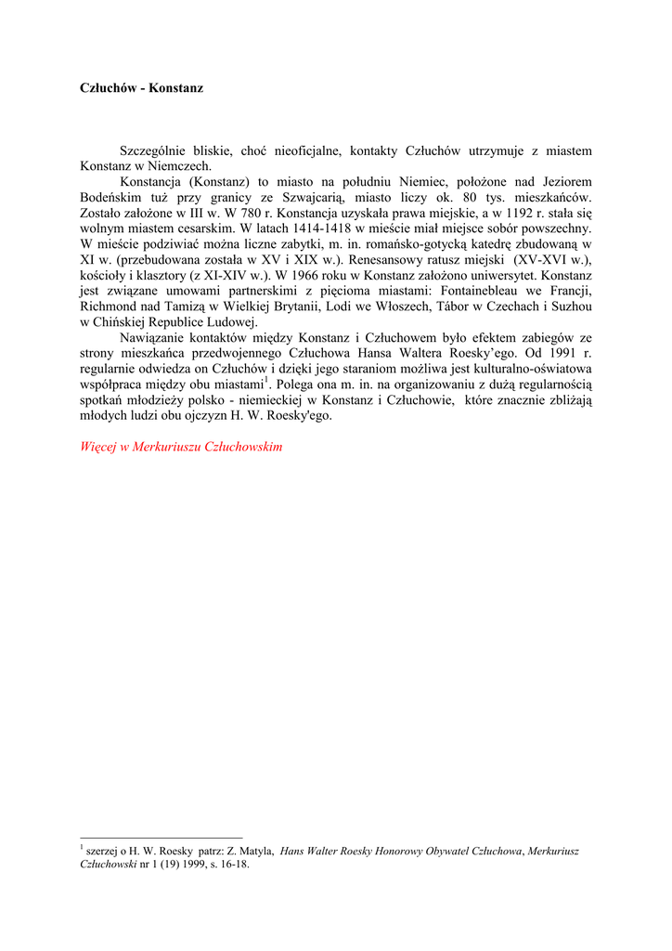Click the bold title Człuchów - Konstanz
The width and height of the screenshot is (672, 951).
141,88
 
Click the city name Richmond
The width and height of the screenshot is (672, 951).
109,306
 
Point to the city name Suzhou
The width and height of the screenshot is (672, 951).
570,306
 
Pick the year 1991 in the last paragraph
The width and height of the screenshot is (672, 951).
564,353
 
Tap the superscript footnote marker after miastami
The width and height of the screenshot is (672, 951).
265,379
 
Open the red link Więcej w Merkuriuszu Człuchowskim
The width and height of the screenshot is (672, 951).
181,447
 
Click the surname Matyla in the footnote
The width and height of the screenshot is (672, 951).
256,851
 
